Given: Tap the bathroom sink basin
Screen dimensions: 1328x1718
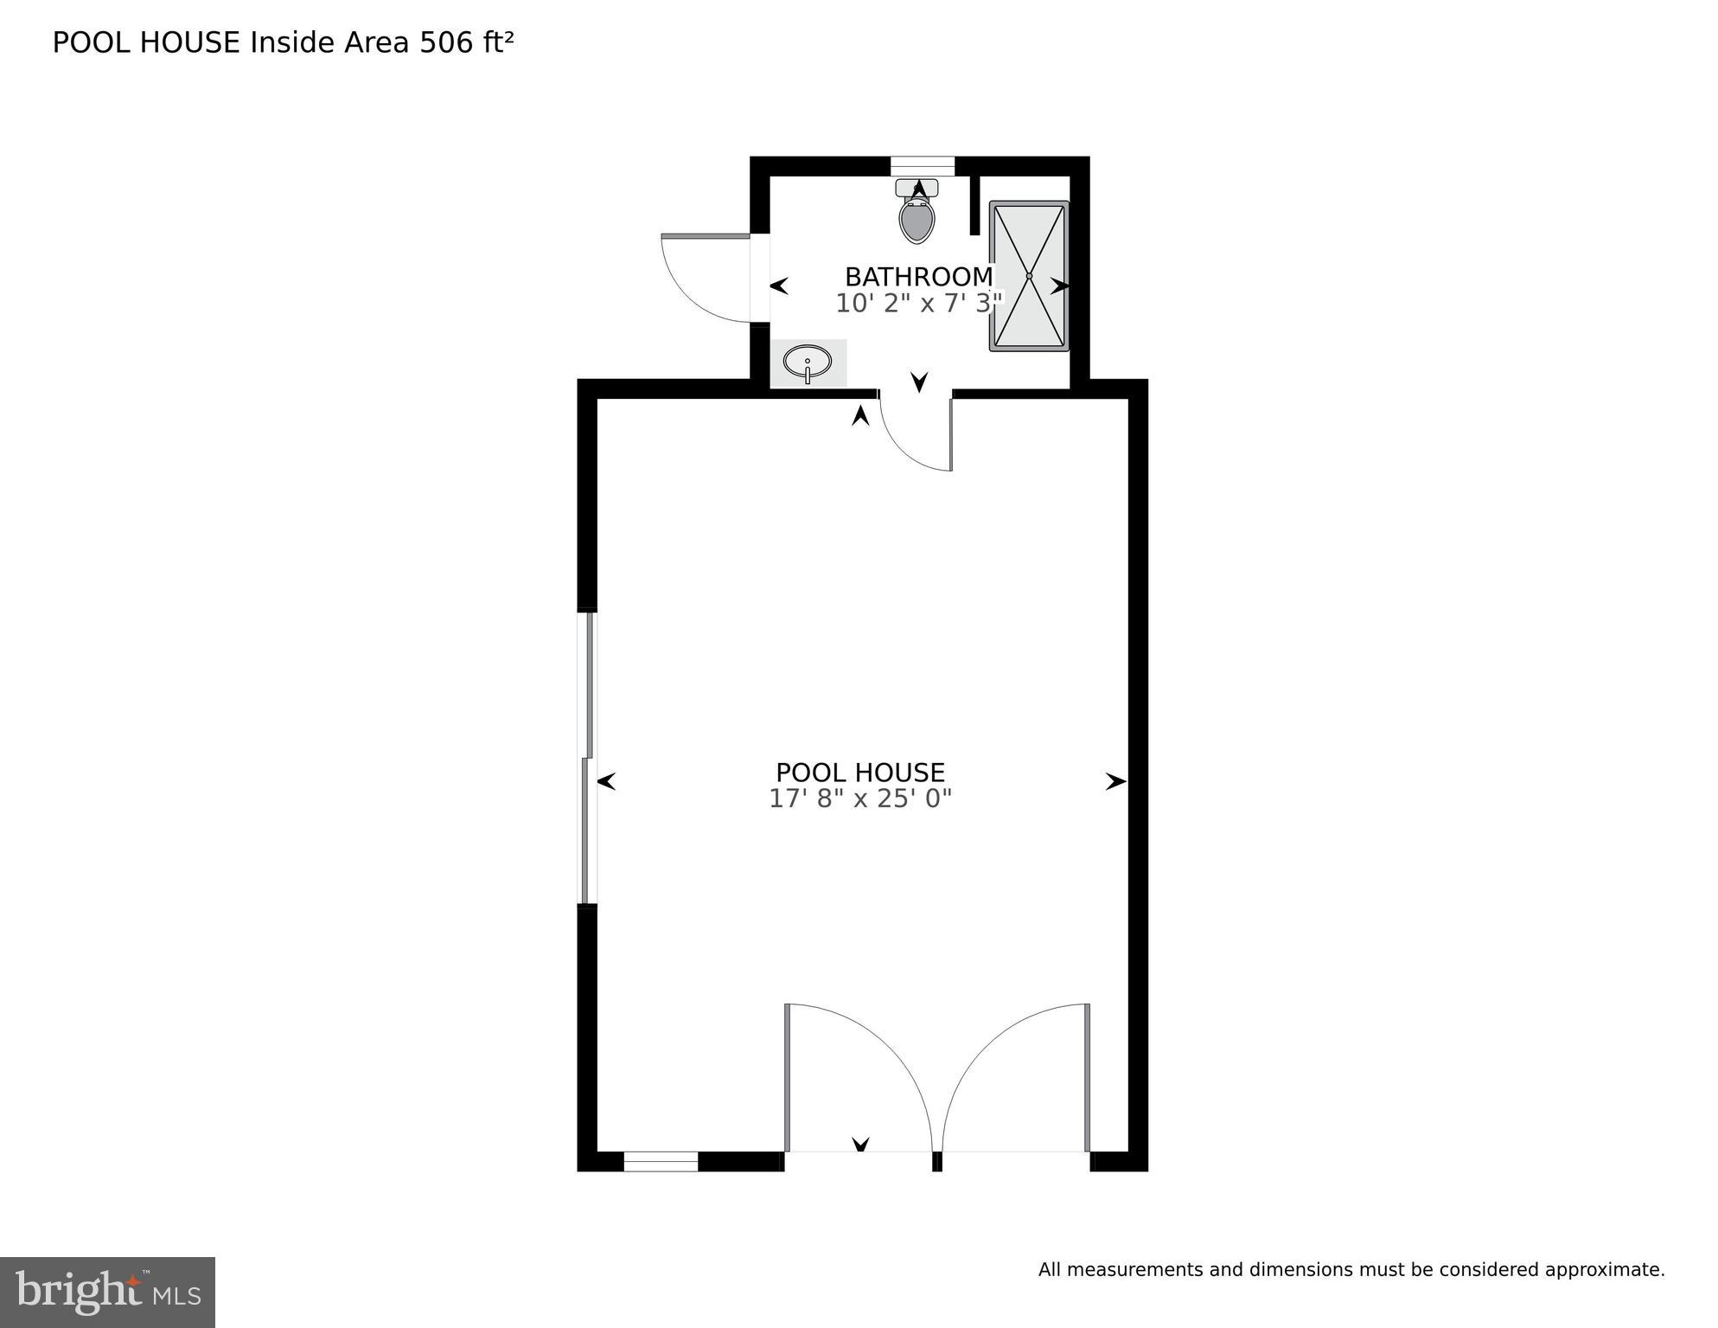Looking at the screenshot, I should click(808, 362).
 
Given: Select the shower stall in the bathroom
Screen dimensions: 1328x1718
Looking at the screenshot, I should click(1029, 276).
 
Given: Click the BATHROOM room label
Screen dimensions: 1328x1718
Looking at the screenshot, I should click(918, 277).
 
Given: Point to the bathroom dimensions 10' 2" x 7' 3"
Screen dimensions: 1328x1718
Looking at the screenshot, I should click(918, 304).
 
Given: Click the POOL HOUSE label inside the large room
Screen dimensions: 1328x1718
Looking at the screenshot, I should click(859, 773).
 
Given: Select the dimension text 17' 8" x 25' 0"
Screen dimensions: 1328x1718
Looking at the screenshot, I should click(859, 799).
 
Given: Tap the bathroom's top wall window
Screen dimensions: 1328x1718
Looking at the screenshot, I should click(922, 166).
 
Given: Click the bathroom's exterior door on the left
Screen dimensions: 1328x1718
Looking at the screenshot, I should click(705, 277).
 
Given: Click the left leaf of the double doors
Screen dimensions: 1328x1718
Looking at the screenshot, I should click(856, 1077).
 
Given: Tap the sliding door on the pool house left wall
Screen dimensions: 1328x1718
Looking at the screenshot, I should click(587, 758).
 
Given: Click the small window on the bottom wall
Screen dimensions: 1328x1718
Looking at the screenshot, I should click(661, 1162).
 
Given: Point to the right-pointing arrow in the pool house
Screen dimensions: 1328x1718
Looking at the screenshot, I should click(1115, 782).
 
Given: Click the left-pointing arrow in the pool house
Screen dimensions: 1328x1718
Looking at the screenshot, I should click(606, 782).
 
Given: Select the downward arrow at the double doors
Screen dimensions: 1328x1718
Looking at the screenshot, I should click(860, 1145).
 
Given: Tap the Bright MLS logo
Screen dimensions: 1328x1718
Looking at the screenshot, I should click(107, 1292).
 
